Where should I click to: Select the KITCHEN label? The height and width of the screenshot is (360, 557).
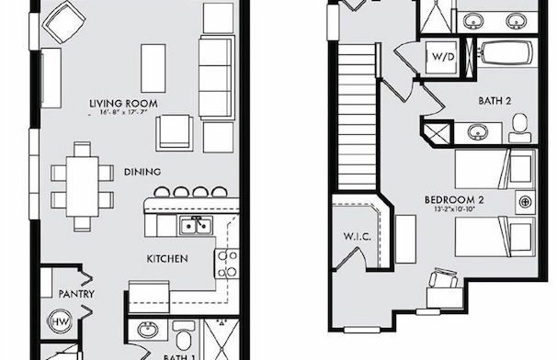[167, 260]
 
